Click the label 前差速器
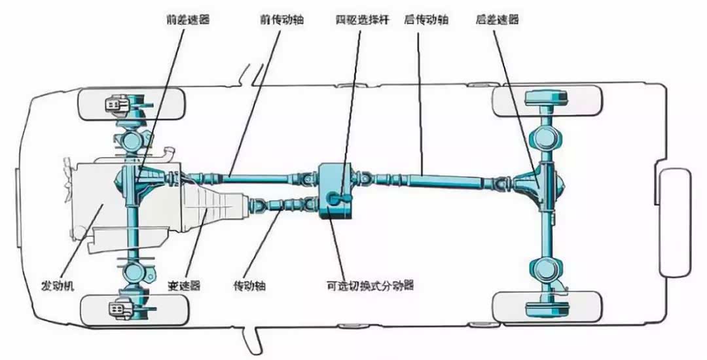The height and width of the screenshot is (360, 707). [x=188, y=20]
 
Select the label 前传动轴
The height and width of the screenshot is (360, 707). [x=281, y=20]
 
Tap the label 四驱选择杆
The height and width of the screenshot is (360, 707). [x=363, y=20]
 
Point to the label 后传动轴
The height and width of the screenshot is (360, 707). [x=426, y=20]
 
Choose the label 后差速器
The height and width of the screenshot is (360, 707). [x=498, y=20]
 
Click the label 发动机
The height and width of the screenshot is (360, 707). [x=58, y=285]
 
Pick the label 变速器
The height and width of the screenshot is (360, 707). [x=184, y=285]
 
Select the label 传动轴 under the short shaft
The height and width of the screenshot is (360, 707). [x=249, y=285]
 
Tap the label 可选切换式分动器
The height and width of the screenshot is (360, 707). [x=370, y=285]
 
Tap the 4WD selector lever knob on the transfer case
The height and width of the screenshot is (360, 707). [x=334, y=198]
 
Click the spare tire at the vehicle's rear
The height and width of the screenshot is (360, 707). [x=675, y=223]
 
